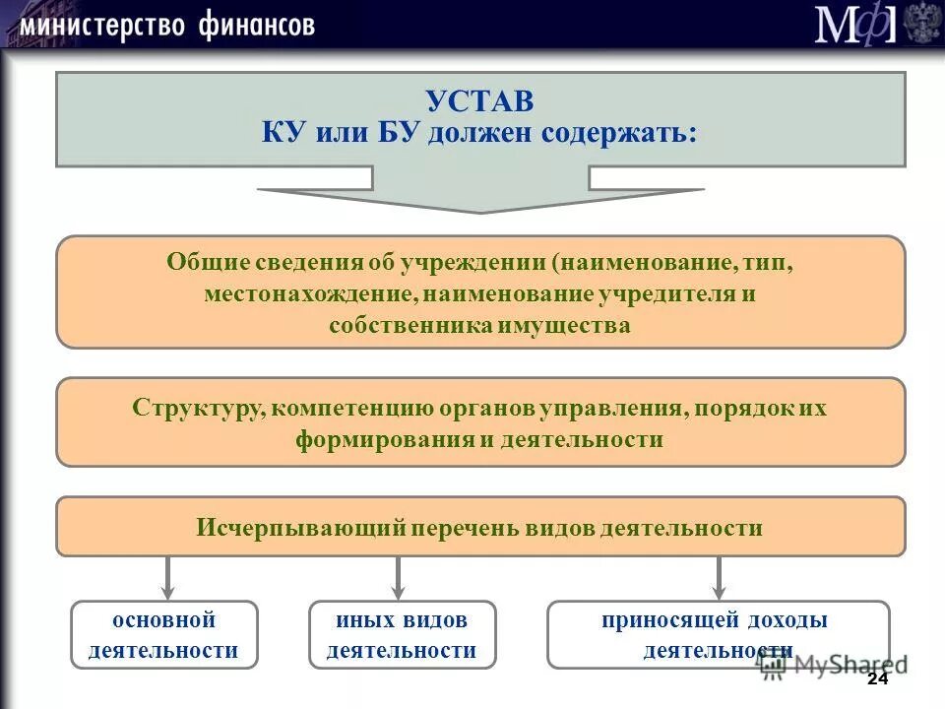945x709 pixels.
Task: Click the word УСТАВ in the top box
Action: [480, 100]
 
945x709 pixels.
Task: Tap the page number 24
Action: [877, 680]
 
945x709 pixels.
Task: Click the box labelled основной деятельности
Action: [163, 635]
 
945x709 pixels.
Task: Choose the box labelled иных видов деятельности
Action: [402, 635]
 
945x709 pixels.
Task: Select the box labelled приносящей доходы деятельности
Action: [718, 635]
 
